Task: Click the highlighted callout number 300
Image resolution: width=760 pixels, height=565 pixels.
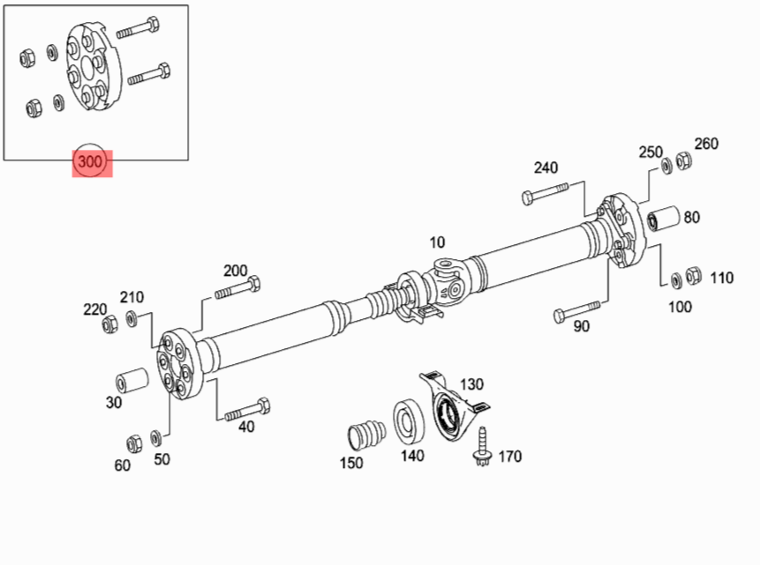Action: click(92, 162)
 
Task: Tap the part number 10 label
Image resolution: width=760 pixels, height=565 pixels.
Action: click(438, 242)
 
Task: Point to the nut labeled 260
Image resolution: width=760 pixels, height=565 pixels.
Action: click(683, 161)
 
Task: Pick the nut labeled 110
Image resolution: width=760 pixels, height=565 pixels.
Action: click(694, 276)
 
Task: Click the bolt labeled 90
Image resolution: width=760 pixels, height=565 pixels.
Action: click(576, 310)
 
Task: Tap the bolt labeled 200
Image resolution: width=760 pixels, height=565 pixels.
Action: click(237, 289)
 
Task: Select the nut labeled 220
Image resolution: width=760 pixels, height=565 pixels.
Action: click(109, 324)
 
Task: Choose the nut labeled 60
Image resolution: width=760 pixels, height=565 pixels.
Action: click(134, 441)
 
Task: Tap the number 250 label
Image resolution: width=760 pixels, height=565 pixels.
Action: click(651, 152)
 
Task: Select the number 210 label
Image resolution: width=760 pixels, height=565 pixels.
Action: click(132, 298)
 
